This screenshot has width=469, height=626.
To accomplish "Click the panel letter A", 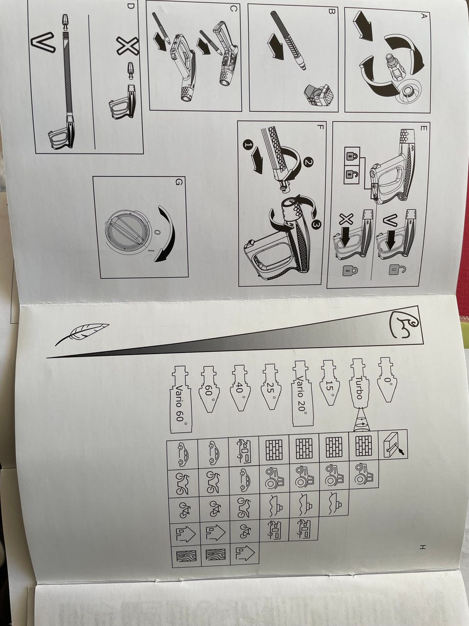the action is click(424, 16).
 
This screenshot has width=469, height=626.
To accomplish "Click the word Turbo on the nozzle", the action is click(359, 387).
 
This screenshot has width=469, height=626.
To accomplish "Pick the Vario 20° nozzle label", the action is click(301, 395).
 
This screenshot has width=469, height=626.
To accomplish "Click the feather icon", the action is click(82, 334).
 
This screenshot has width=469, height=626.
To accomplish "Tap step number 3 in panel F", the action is click(316, 225).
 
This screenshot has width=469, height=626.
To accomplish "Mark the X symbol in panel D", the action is click(128, 46).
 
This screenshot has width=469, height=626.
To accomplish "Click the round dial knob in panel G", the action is click(127, 232).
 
